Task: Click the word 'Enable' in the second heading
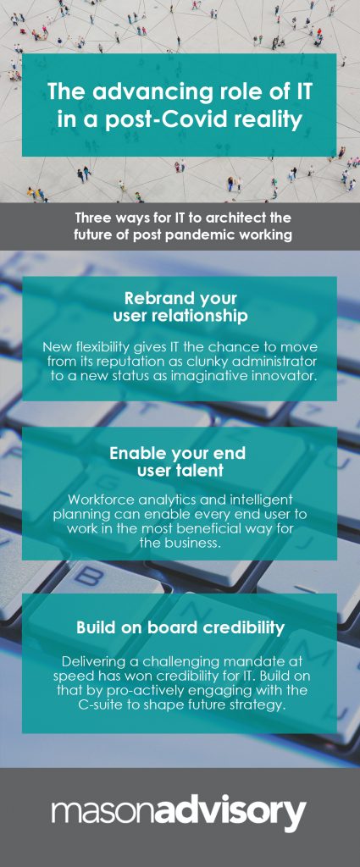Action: (138, 454)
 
